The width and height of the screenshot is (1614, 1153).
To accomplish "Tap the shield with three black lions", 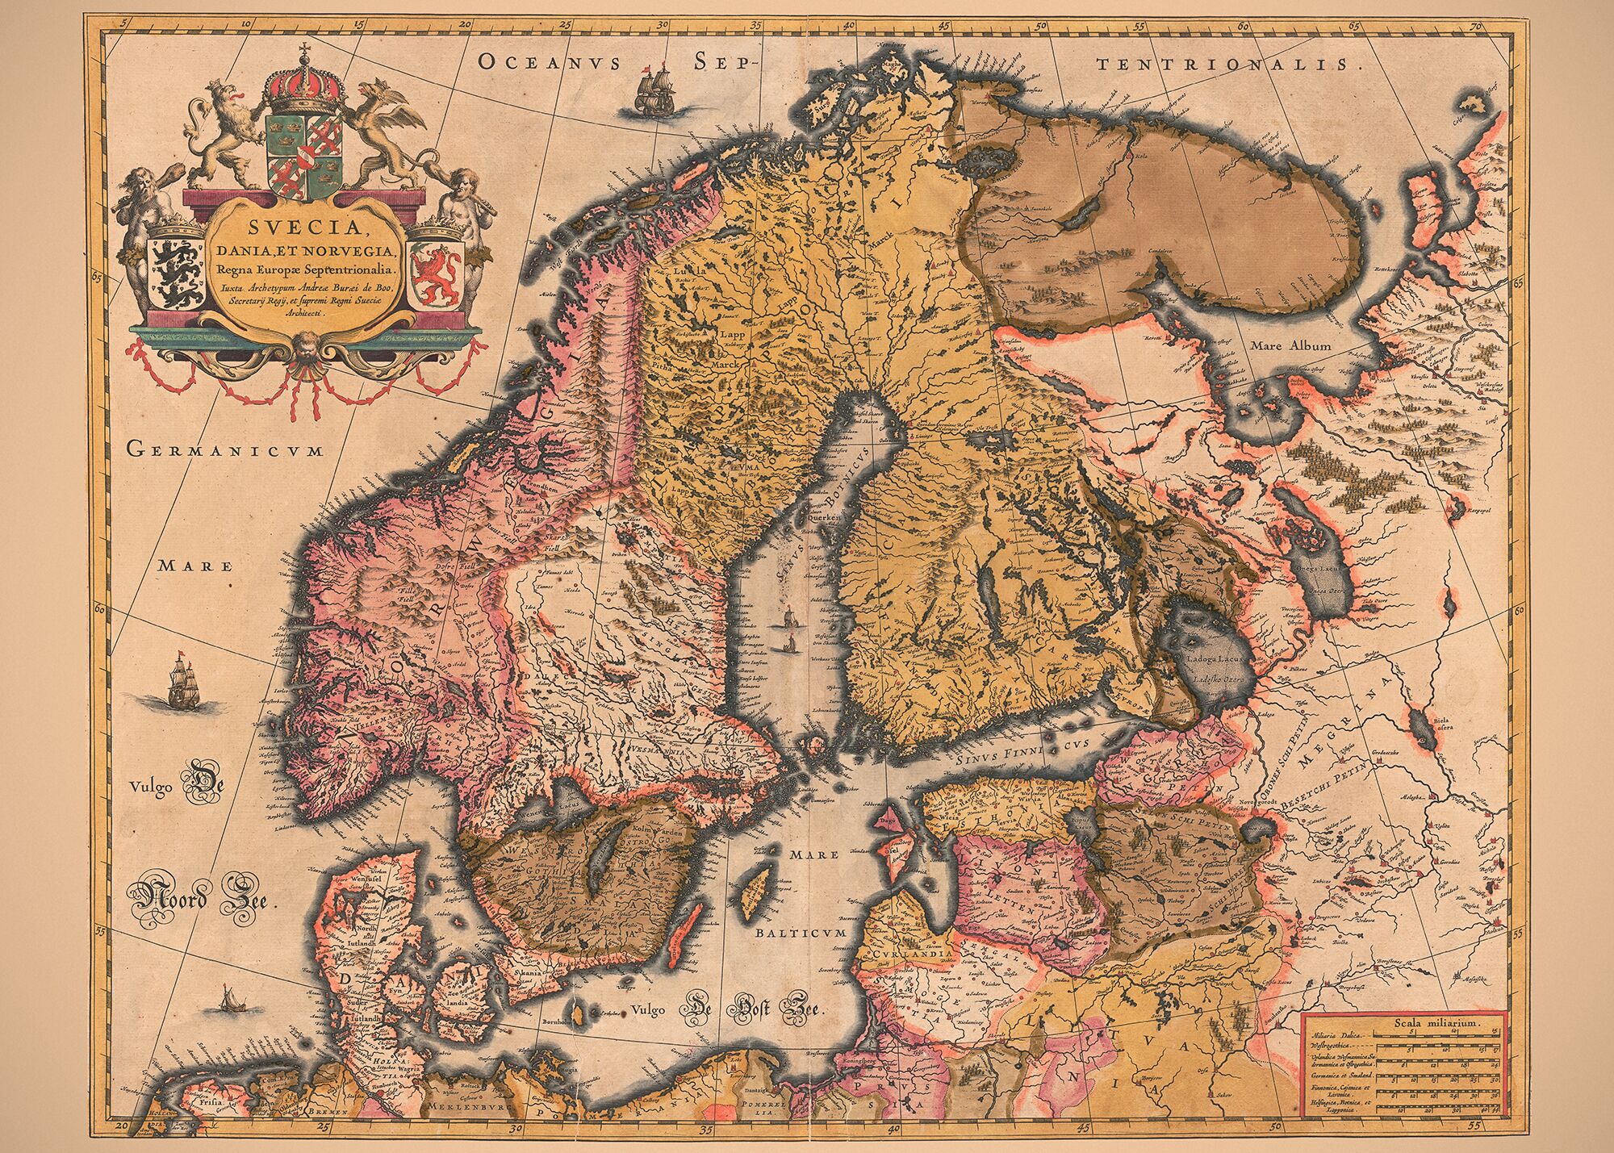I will (176, 269).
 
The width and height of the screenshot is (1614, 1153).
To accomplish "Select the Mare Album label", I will (1290, 345).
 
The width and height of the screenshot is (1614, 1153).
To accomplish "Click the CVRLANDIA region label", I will (910, 954).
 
